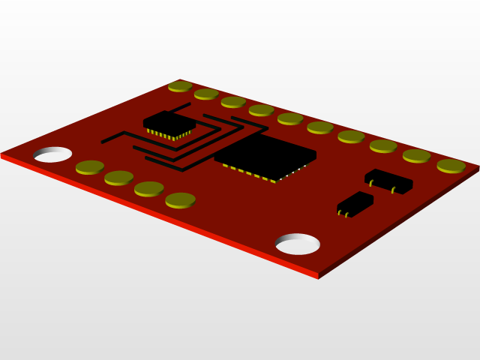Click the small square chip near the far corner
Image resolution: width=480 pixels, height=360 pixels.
(169, 121)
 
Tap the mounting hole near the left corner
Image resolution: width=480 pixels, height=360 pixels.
(52, 154)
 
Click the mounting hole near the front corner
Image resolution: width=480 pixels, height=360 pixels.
(298, 244)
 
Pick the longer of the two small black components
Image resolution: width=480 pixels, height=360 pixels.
(388, 179)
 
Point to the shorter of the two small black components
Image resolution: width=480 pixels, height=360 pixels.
(355, 202)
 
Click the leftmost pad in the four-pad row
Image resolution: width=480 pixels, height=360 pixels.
(90, 166)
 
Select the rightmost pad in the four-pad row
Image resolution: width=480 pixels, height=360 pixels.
(180, 199)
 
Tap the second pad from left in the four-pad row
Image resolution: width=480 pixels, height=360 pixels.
(118, 177)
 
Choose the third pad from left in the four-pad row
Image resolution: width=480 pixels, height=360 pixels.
(148, 188)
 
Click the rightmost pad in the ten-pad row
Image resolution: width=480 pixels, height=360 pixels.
(451, 165)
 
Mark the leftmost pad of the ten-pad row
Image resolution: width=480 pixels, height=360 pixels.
(180, 85)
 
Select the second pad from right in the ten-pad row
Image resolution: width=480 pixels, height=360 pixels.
(416, 155)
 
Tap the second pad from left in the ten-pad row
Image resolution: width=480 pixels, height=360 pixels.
(206, 94)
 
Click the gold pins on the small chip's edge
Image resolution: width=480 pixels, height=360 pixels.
(167, 136)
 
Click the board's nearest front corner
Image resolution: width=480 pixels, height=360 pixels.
(318, 276)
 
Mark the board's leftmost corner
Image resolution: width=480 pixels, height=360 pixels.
(2, 154)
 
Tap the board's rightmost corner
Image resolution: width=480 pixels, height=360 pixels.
(477, 168)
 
